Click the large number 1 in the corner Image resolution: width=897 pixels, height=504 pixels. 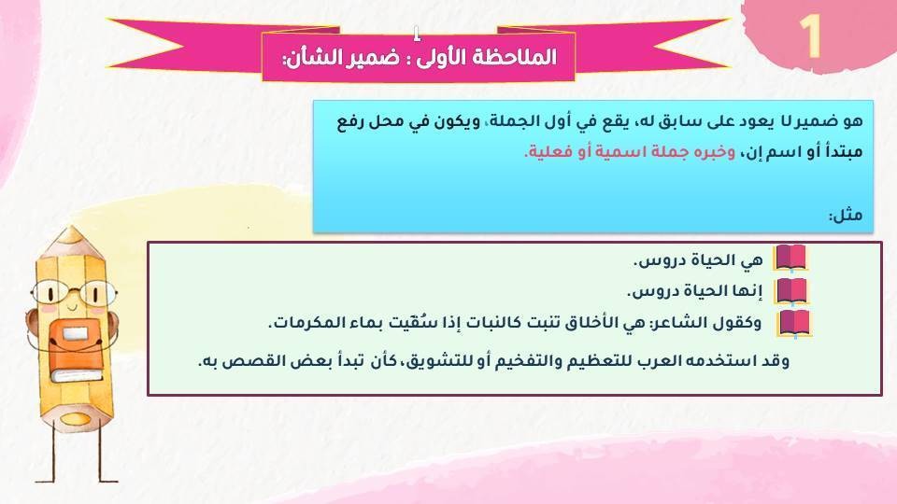click(x=810, y=37)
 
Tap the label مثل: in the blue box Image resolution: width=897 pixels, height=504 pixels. click(x=846, y=216)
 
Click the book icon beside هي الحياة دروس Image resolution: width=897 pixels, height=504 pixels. click(x=790, y=259)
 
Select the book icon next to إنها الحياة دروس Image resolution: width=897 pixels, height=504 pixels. click(x=790, y=291)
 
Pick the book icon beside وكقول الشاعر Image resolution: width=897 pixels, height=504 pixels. click(x=795, y=323)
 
